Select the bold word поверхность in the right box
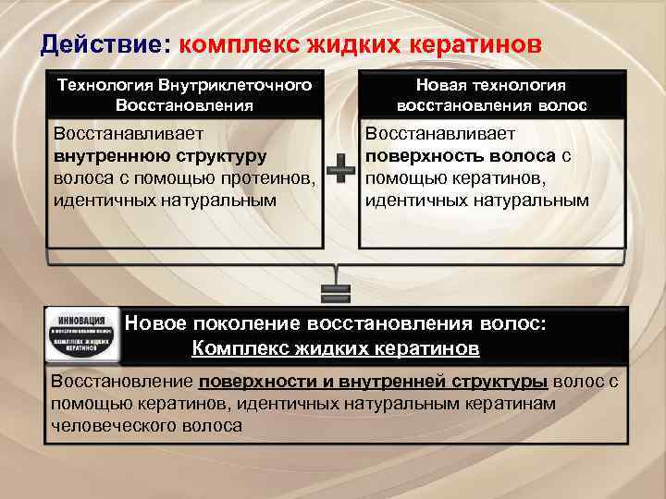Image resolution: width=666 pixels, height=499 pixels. (x=423, y=154)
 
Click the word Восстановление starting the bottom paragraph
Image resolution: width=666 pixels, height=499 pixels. (x=120, y=382)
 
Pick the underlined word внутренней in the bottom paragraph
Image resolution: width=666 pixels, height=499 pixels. (x=394, y=382)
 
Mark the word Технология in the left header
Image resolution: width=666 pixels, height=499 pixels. (x=105, y=85)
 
